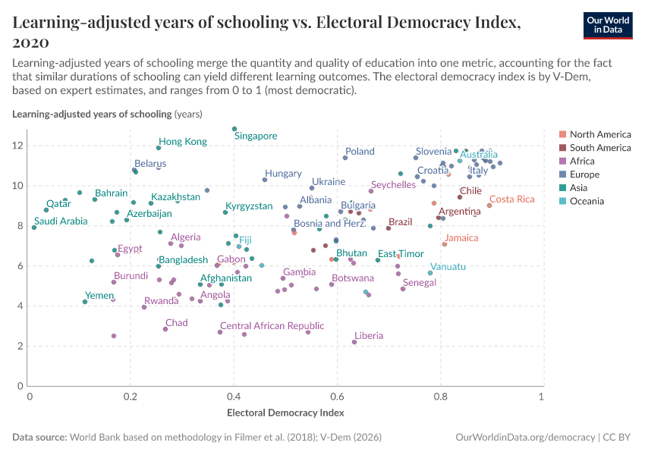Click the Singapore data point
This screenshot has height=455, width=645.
(234, 129)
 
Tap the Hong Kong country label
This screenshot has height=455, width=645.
(182, 142)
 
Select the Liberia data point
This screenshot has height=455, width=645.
(354, 342)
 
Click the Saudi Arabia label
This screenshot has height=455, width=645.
(61, 221)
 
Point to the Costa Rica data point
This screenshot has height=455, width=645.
(489, 206)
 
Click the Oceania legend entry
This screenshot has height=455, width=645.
(587, 201)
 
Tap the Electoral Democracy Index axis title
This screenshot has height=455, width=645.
(285, 413)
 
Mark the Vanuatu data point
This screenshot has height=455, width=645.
(430, 273)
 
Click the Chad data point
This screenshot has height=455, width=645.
(165, 329)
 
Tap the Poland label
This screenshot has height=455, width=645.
(360, 152)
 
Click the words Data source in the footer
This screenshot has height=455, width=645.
(39, 438)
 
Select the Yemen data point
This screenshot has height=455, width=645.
(85, 302)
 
